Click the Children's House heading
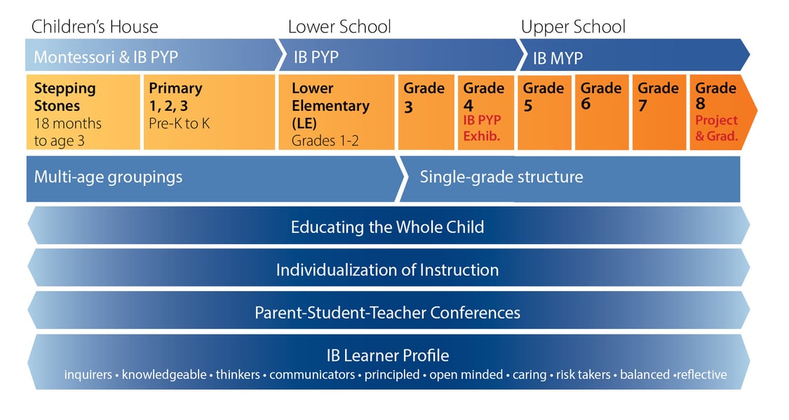(95, 27)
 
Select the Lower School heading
(339, 27)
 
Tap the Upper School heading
(573, 27)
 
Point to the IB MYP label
(558, 57)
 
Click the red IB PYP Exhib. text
(483, 128)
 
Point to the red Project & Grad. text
(716, 128)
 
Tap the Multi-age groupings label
(108, 177)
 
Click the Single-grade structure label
(501, 177)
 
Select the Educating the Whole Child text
(387, 227)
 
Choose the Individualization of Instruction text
(387, 270)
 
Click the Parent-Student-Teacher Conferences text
(387, 312)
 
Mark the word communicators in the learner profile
(312, 374)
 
